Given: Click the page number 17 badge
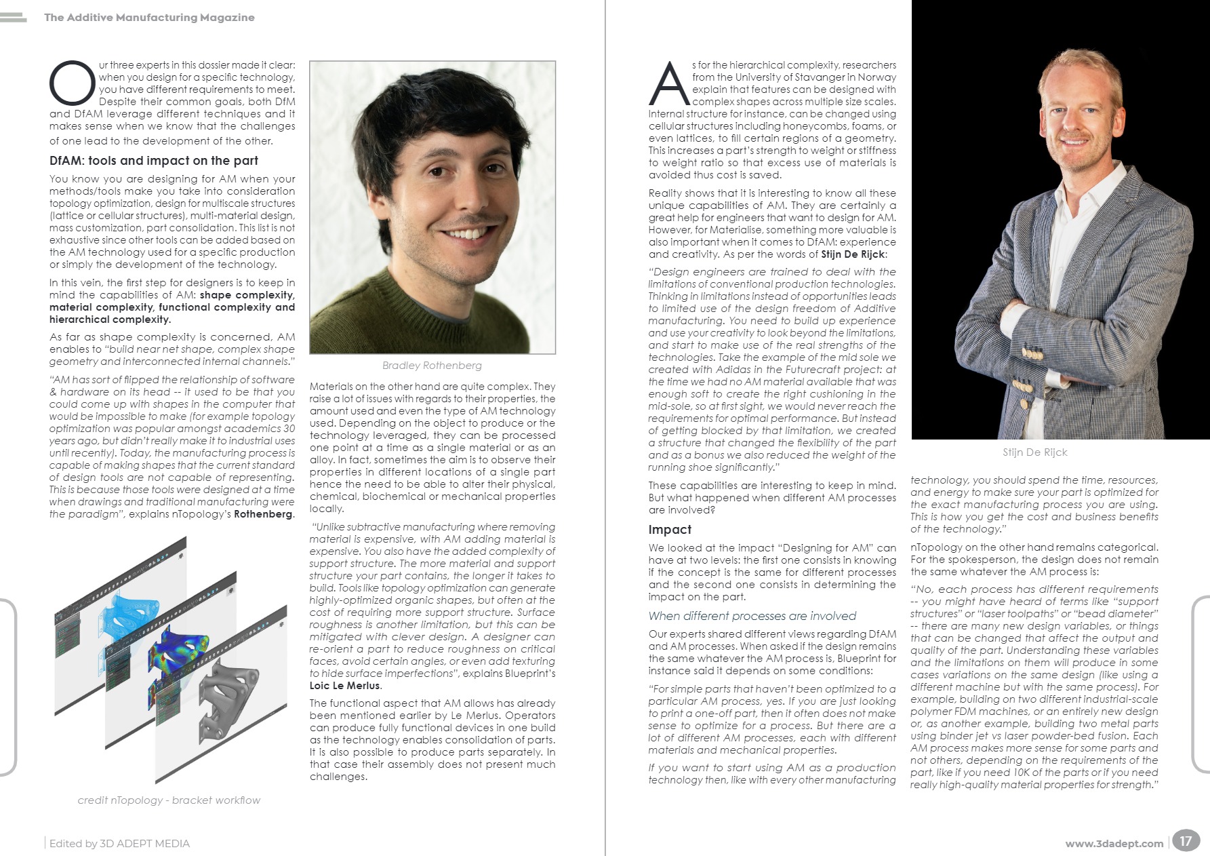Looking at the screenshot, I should point(1185,841).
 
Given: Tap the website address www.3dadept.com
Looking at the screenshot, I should point(1114,844).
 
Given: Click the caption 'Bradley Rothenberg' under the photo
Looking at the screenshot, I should point(432,366).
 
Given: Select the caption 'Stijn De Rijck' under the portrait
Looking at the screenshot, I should point(1034,452).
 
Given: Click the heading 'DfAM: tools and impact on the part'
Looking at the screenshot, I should point(154,161).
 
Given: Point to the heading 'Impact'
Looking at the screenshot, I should point(670,530).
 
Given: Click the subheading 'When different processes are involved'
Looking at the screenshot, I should point(752,616).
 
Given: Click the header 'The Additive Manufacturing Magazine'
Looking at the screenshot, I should point(149,18).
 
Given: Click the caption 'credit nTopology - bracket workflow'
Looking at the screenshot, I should point(169,800).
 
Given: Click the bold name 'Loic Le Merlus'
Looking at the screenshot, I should point(345,686).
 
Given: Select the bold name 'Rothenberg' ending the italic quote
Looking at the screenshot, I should point(263,514).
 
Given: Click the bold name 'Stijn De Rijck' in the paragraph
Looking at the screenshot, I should point(853,254).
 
